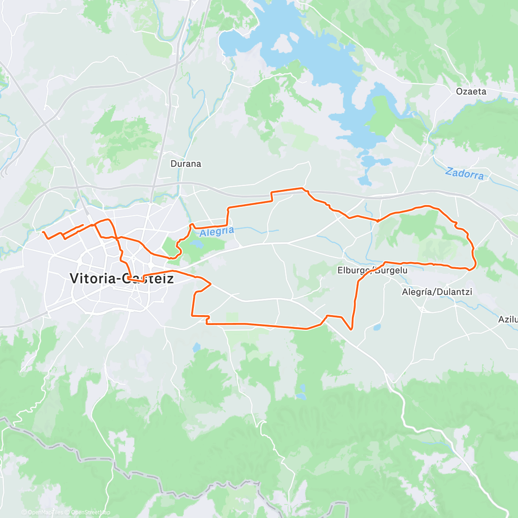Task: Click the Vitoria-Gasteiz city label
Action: pos(122,278)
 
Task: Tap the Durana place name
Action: pos(186,164)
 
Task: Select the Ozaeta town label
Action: pos(471,92)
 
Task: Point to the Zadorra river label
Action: pos(464,174)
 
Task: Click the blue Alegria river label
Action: pos(217,232)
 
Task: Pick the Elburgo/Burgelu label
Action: pos(372,271)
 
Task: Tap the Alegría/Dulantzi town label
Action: pos(437,292)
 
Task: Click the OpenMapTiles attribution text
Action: pos(45,512)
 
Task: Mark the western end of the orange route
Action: pos(43,232)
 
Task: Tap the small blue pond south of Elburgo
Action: pos(377,328)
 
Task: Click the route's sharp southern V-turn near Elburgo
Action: pos(351,329)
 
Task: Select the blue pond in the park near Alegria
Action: pos(196,244)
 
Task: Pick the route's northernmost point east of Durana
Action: pos(301,188)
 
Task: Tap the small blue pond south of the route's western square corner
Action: pos(197,347)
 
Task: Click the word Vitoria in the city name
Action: pos(91,278)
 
